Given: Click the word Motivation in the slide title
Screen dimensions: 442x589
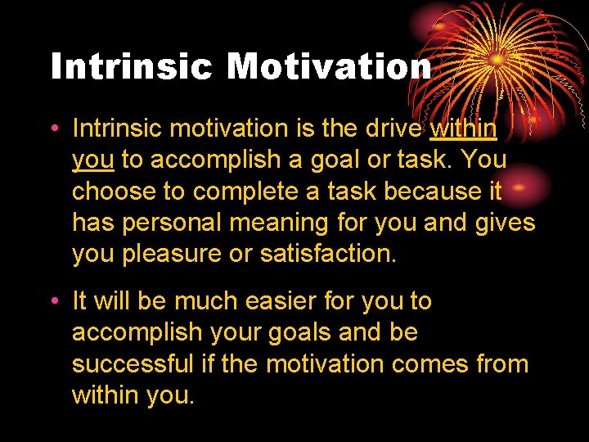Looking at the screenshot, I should [329, 66].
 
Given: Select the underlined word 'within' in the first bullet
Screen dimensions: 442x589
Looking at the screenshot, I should [463, 129].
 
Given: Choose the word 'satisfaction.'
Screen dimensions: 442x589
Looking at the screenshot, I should [327, 254].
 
